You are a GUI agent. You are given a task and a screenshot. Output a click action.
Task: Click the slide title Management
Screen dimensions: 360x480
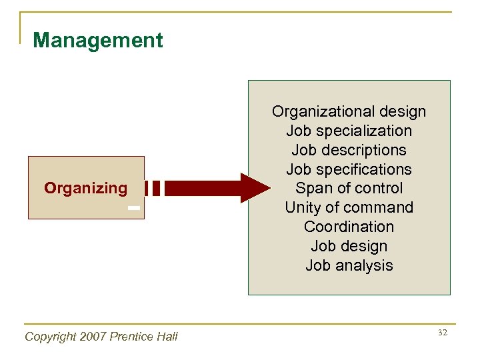coord(97,41)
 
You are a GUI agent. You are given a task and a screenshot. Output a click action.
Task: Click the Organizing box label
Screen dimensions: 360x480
coord(85,188)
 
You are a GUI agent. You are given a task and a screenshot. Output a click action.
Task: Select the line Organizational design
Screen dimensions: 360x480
coord(349,111)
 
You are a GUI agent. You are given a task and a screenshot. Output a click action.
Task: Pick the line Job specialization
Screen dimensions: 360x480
coord(349,131)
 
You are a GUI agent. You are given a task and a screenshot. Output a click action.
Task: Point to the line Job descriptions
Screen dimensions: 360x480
coord(349,150)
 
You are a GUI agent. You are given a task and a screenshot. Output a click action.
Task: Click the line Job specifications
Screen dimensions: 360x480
coord(349,169)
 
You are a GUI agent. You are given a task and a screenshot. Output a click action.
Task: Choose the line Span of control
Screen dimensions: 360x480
coord(349,188)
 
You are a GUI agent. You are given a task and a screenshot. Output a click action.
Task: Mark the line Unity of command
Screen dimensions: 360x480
coord(349,207)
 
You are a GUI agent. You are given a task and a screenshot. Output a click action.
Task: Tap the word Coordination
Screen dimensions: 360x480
coord(349,227)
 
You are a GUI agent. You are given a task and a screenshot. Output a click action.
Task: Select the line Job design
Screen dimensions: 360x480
coord(349,246)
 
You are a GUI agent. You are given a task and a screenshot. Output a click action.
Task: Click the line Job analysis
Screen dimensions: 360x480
coord(349,265)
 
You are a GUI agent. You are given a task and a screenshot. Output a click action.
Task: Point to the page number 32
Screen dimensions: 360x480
coord(443,332)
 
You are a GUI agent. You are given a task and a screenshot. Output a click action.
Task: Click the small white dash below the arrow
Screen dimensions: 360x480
coord(134,208)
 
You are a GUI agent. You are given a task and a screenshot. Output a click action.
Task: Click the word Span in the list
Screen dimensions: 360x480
coord(311,188)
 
